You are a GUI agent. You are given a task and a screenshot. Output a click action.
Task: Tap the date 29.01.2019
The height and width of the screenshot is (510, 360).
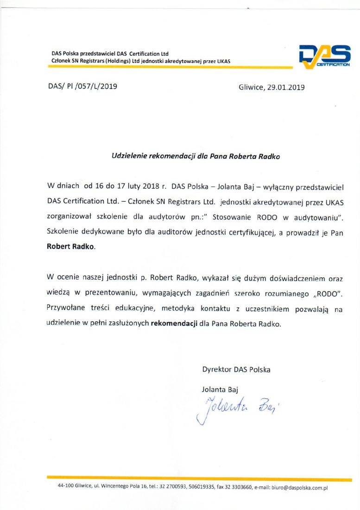tap(286, 87)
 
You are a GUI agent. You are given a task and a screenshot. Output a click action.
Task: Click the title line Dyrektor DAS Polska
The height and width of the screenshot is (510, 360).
tap(236, 370)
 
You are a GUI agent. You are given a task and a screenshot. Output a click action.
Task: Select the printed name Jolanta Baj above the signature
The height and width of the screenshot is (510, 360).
tap(220, 389)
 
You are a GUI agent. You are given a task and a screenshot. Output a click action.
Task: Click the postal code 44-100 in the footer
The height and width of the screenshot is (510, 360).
tap(66, 488)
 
